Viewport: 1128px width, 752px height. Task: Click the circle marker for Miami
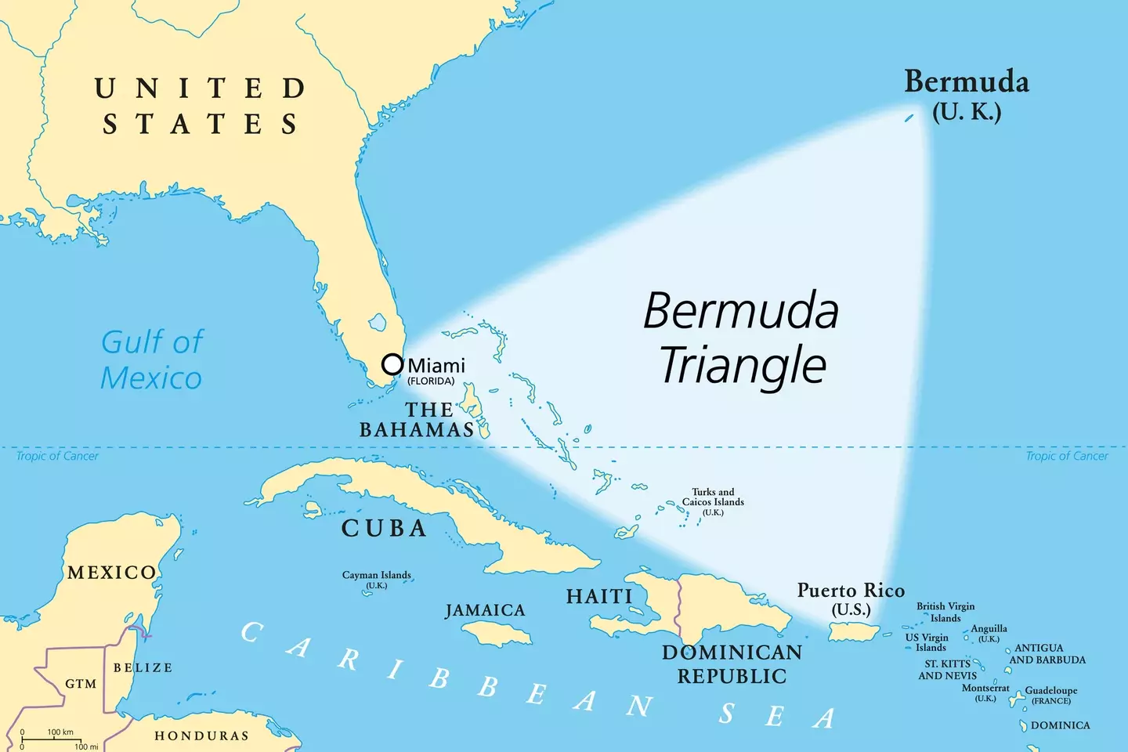pos(392,364)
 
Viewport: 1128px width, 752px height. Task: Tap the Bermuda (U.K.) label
pos(967,95)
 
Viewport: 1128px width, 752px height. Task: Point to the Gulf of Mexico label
pos(151,360)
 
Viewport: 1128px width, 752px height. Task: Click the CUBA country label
pos(384,529)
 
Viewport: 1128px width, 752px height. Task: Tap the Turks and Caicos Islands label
pos(713,501)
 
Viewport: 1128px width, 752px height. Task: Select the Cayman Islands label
pos(376,579)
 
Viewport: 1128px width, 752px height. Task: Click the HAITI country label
pos(599,597)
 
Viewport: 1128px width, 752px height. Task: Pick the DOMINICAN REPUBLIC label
pos(732,664)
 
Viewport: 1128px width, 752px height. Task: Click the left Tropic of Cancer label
pos(57,456)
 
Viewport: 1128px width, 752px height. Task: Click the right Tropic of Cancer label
pos(1067,456)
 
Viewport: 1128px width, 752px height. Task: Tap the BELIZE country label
pos(143,667)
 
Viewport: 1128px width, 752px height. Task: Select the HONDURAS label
pos(201,736)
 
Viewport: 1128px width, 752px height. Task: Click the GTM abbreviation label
pos(81,684)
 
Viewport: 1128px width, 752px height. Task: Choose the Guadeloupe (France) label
pos(1050,695)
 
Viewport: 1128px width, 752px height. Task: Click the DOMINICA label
pos(1060,725)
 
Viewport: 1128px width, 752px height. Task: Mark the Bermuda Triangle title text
pos(741,338)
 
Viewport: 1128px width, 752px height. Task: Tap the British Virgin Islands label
pos(945,612)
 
